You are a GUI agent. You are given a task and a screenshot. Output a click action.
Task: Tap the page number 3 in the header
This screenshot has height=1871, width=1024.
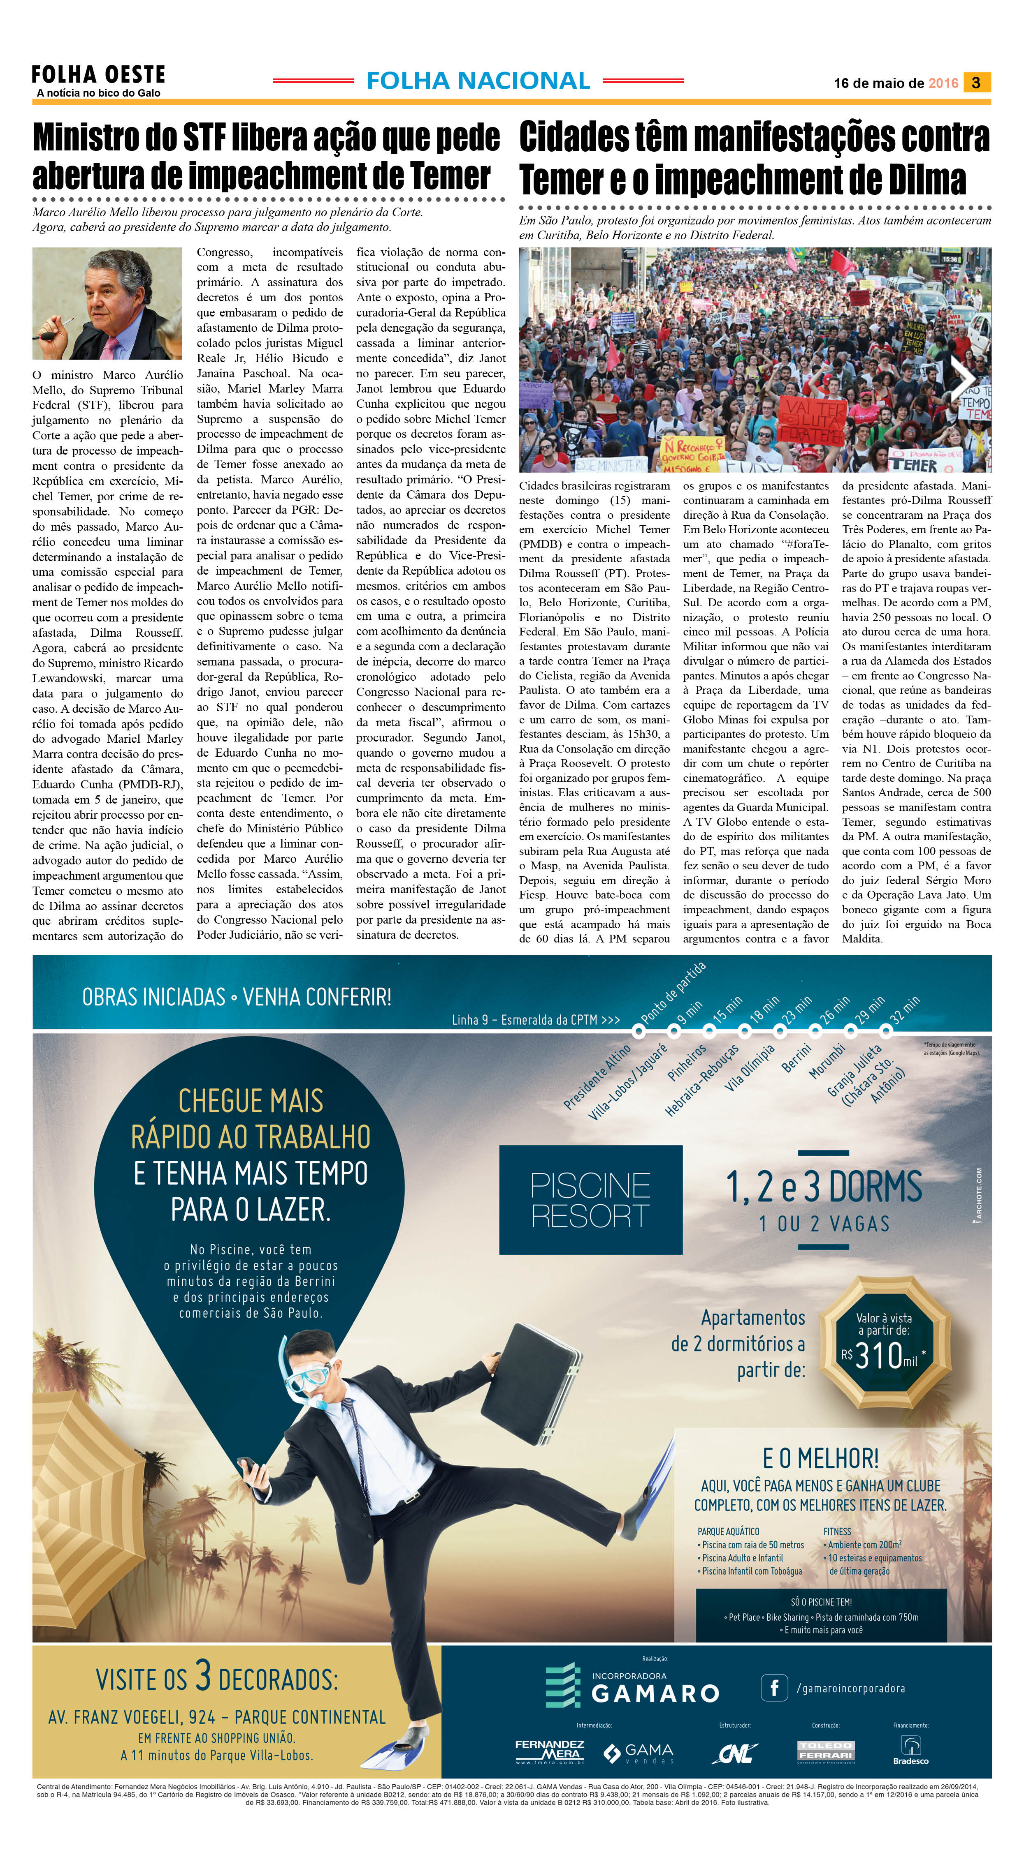(x=976, y=83)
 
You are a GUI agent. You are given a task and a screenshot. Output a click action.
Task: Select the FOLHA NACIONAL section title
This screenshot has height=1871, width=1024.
(x=478, y=81)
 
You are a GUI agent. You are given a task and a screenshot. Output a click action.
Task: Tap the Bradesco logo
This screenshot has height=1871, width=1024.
(x=910, y=1751)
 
